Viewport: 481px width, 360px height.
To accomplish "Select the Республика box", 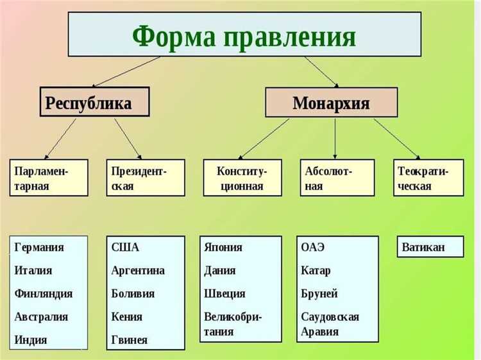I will coord(94,102).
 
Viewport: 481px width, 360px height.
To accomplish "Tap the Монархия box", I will coord(331,103).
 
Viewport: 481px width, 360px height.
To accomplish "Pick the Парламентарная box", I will coord(49,178).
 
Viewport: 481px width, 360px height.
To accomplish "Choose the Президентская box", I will coord(145,178).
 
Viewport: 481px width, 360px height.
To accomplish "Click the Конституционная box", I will coord(241,178).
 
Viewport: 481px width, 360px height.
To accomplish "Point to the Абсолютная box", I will coord(337,178).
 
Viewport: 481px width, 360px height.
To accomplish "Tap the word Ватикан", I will coord(423,247).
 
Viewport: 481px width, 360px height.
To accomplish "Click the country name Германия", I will coord(39,247).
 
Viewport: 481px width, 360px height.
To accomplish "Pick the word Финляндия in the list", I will coord(43,293).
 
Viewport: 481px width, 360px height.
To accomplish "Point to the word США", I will coord(125,247).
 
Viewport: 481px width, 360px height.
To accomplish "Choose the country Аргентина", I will coord(138,270).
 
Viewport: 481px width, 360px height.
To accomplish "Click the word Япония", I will coord(223,247).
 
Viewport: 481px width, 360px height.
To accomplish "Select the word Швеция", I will coord(224,293).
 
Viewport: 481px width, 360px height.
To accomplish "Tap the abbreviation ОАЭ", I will coord(314,247).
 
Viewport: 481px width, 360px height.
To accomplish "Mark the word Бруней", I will coord(319,293).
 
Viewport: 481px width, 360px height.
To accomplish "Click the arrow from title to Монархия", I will coord(321,71).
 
